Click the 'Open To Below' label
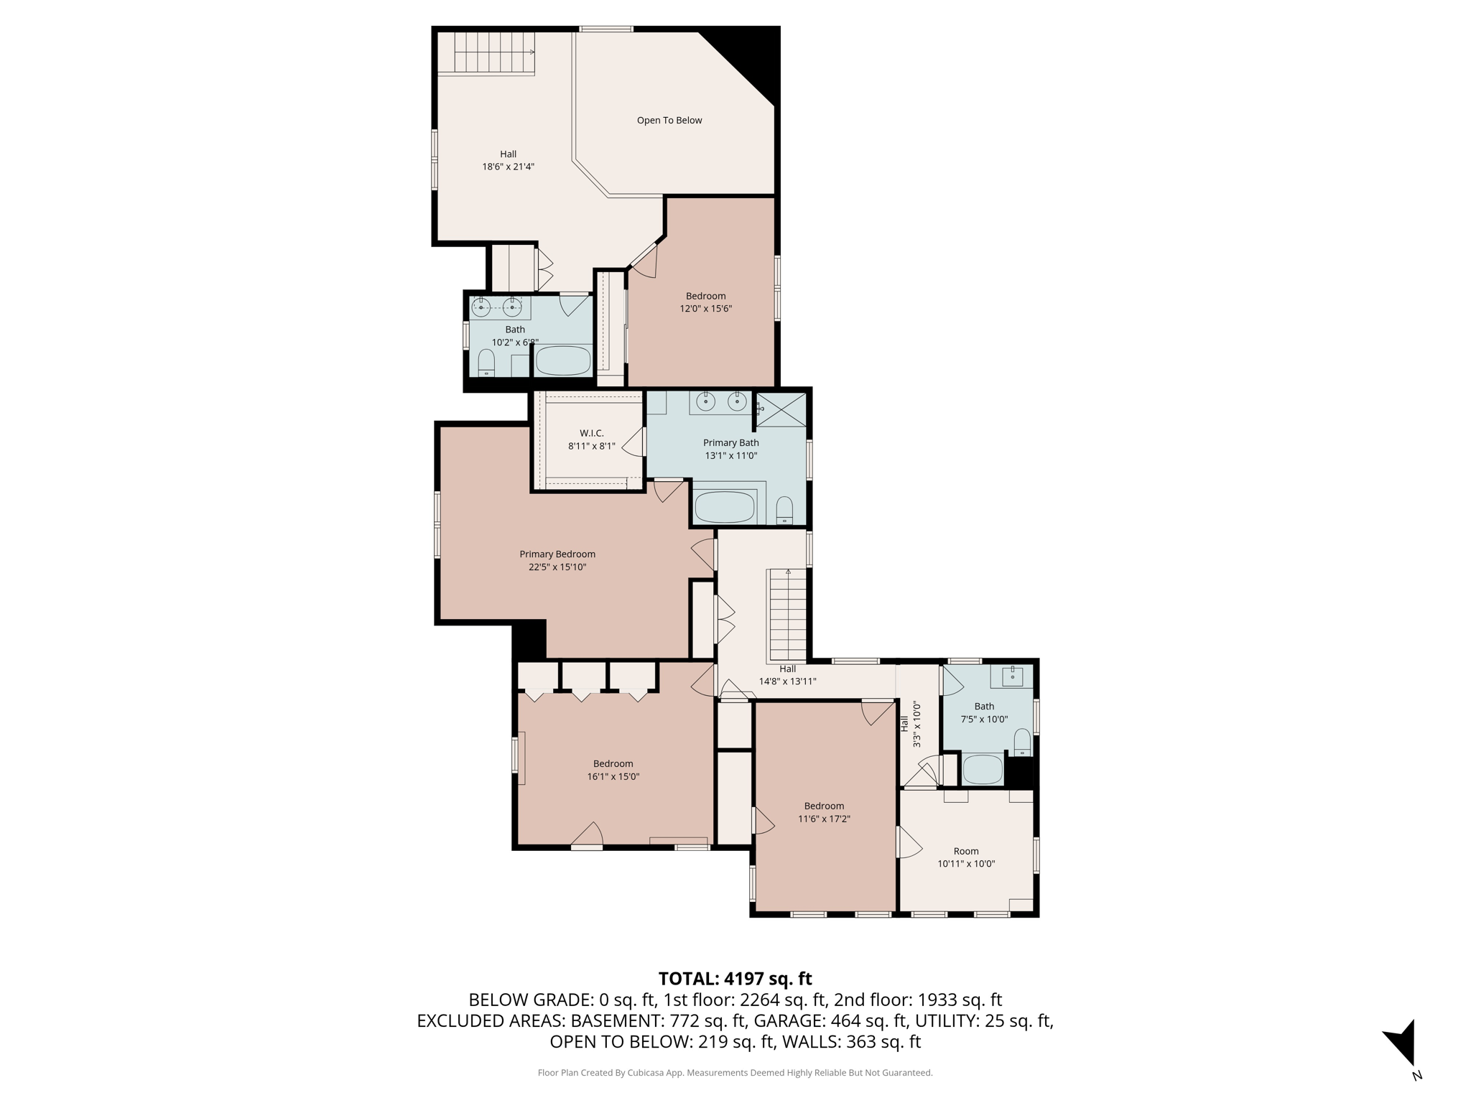click(x=669, y=121)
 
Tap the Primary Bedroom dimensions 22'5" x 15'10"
click(x=557, y=567)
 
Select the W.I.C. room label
click(x=591, y=433)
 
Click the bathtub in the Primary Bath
click(x=725, y=507)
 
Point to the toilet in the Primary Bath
click(x=784, y=510)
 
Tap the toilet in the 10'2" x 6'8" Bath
click(x=486, y=363)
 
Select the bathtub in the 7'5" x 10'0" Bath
click(x=982, y=770)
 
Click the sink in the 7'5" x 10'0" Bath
click(x=1012, y=676)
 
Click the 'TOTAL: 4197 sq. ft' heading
click(x=735, y=979)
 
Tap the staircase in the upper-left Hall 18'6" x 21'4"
click(x=495, y=53)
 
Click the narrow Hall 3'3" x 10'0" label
click(x=910, y=724)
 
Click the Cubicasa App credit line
click(x=735, y=1073)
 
